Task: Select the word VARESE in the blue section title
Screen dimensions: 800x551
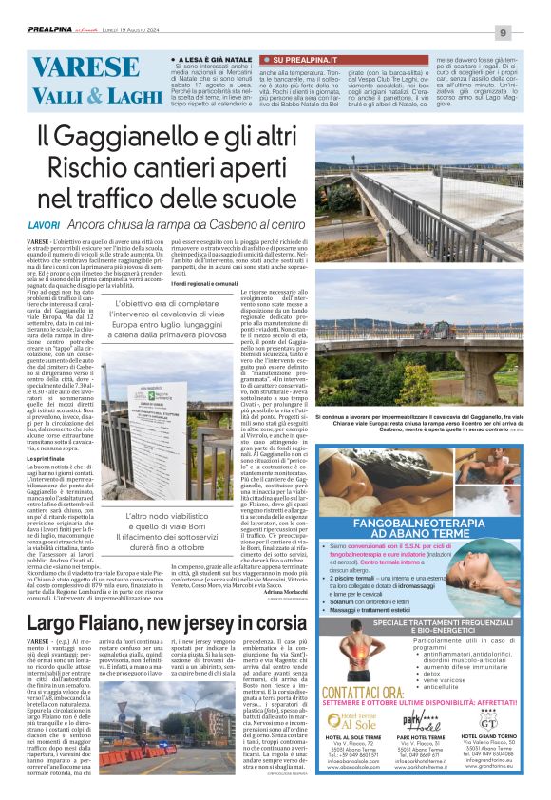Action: point(68,68)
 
